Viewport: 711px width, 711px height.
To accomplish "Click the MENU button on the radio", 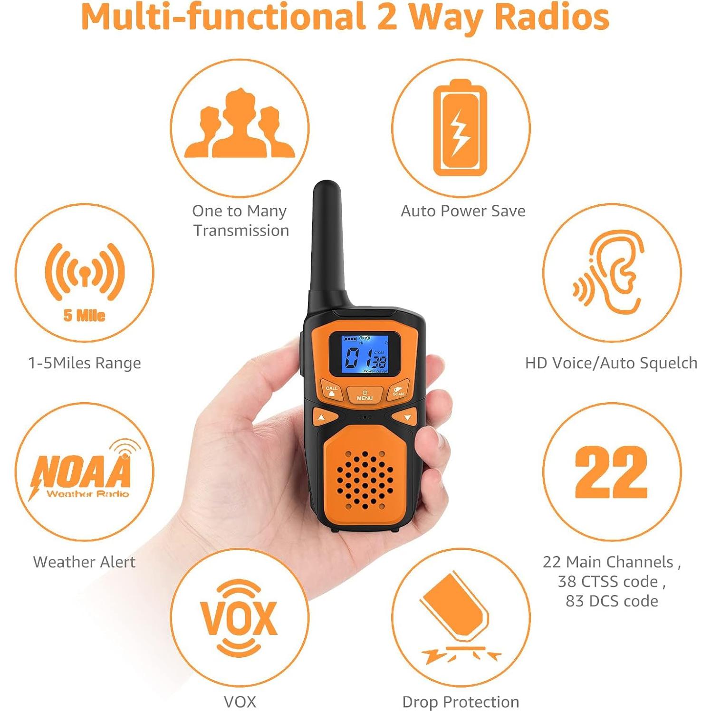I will coord(365,395).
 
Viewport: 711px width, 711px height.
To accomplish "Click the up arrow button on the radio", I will coord(322,418).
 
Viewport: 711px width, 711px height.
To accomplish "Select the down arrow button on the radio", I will coord(407,417).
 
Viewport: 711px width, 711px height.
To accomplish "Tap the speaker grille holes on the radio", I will coord(365,480).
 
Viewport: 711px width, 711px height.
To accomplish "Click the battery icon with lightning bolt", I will coord(460,128).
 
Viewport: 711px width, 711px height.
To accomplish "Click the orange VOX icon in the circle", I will coord(239,618).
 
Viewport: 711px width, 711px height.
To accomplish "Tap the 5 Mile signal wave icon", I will coord(85,273).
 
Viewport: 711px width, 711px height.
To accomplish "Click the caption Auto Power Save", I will coord(463,211).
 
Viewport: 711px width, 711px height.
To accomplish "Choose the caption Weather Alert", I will coord(84,562).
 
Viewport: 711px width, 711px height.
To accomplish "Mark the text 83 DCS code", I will coord(612,601).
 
